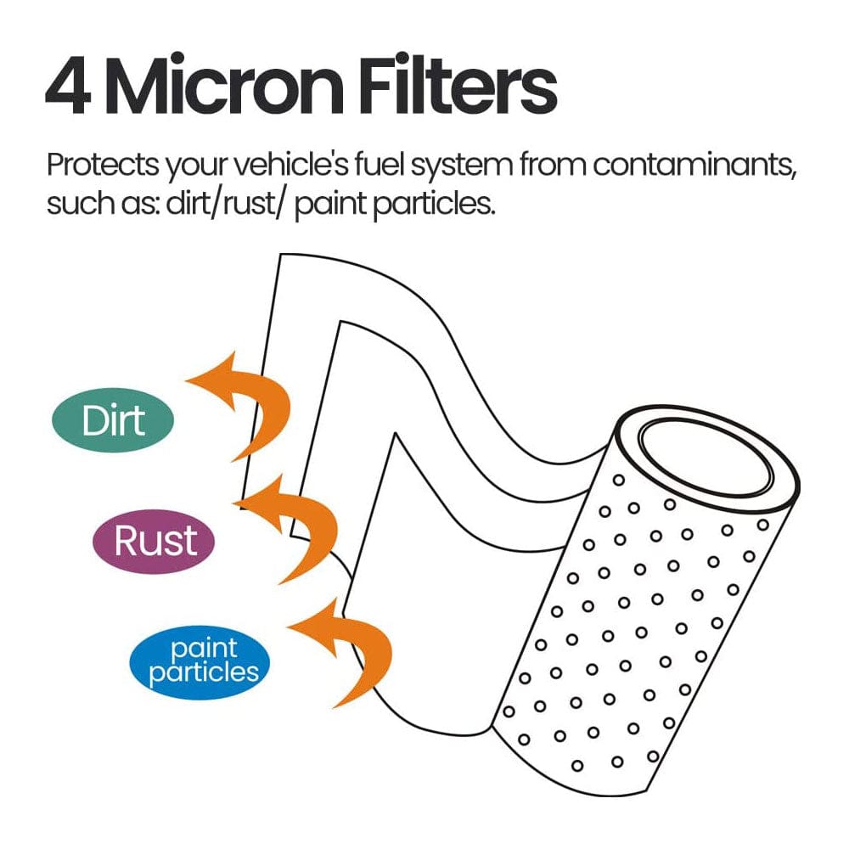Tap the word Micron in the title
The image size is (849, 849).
tap(223, 85)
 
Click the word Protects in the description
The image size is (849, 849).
tap(103, 165)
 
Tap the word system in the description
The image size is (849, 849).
tap(461, 166)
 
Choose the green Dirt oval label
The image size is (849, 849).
tap(113, 420)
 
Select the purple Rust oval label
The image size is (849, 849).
tap(155, 542)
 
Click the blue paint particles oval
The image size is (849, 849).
tap(200, 661)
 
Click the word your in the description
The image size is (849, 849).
tap(196, 168)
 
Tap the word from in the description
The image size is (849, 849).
tap(553, 165)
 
